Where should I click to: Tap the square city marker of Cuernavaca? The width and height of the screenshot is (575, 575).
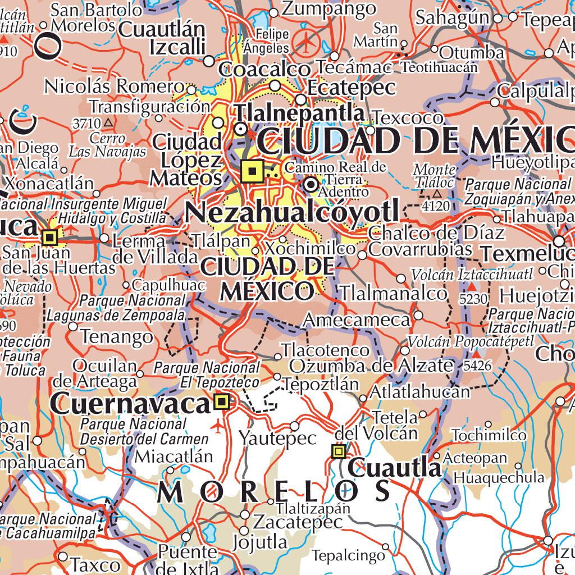click(x=222, y=401)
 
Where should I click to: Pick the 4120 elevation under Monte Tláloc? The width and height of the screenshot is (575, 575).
click(x=436, y=206)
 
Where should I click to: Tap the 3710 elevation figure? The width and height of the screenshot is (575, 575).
click(x=86, y=122)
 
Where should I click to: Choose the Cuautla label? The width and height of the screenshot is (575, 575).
click(x=395, y=468)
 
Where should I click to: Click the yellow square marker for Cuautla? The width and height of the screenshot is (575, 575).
click(x=339, y=451)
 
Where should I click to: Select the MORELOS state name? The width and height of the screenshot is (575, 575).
click(x=275, y=492)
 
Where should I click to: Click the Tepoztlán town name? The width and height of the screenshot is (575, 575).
click(x=321, y=385)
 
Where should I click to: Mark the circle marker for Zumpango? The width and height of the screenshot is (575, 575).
click(x=273, y=12)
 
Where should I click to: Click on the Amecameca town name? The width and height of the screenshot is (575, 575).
click(x=357, y=320)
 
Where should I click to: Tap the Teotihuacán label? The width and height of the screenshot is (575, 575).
click(x=440, y=67)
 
